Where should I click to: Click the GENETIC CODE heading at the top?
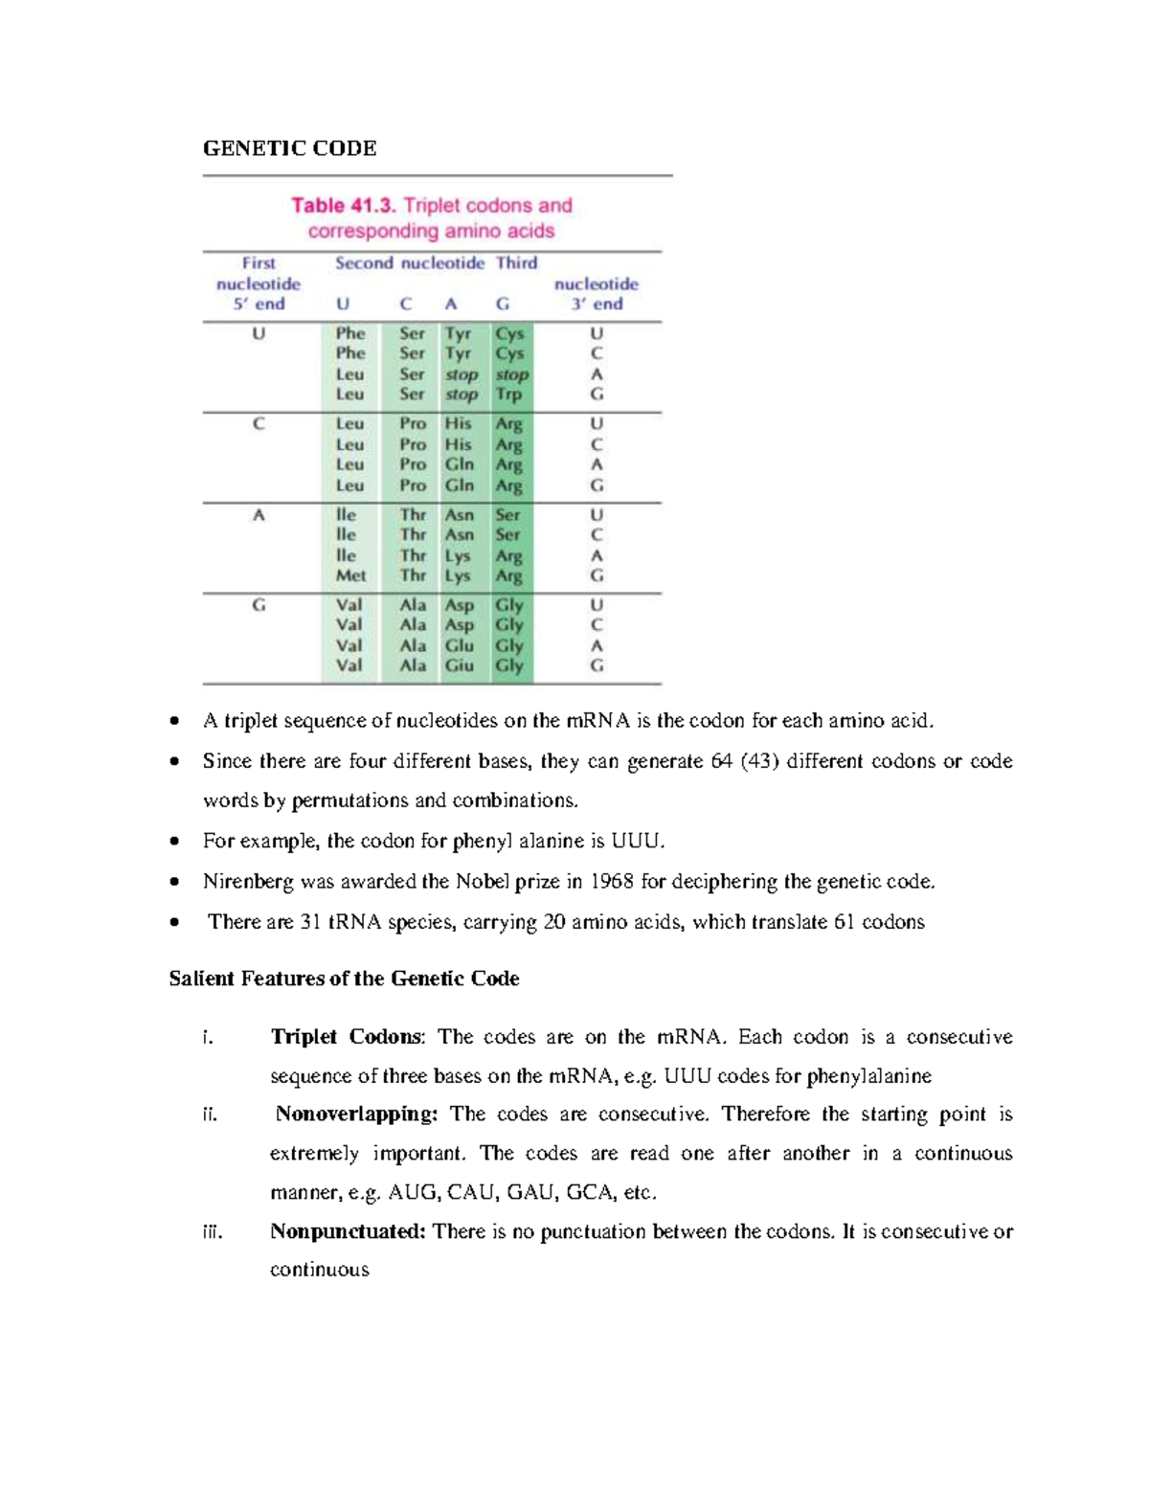coord(289,148)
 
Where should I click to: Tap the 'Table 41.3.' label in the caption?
coord(344,206)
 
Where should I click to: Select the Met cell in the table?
coord(350,575)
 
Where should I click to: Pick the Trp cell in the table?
coord(508,394)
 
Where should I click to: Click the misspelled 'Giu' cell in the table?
coord(459,665)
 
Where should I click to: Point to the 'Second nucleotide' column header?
coord(409,263)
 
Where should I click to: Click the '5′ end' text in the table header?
coord(259,304)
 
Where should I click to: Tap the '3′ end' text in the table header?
coord(597,304)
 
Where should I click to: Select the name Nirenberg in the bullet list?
coord(248,882)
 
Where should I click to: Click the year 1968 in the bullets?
coord(611,882)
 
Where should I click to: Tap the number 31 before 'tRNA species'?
coord(310,922)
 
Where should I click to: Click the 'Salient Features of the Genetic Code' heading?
coord(344,979)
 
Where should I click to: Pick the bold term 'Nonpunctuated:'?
coord(347,1231)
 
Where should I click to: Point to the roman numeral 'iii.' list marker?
coord(212,1232)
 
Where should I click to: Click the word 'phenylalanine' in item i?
coord(868,1076)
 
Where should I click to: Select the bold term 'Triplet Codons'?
coord(346,1037)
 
